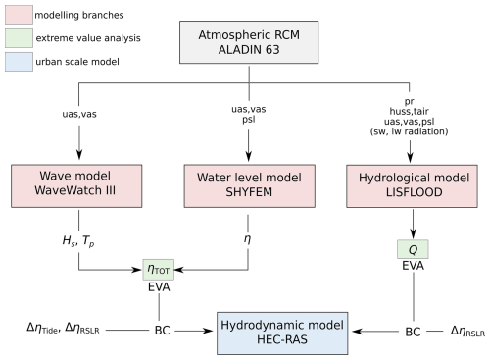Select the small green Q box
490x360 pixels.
(x=412, y=249)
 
